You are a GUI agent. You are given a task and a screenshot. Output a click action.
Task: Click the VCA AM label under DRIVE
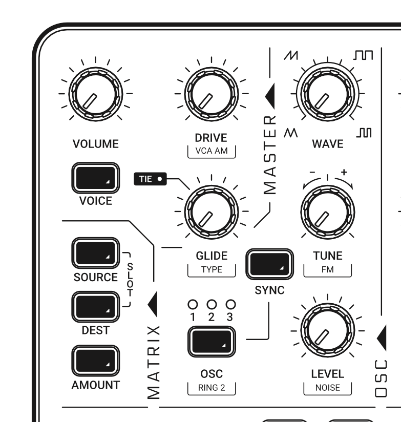click(x=212, y=151)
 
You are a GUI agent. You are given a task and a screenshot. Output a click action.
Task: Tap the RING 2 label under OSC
click(x=212, y=388)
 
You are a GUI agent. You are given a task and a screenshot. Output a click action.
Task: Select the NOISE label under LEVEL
click(x=328, y=388)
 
